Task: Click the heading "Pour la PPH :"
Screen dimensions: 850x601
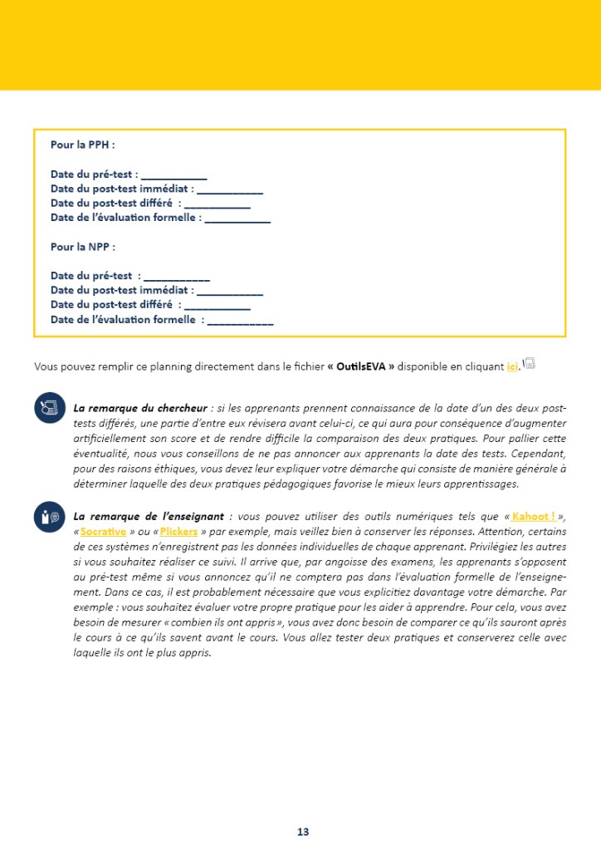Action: tap(82, 145)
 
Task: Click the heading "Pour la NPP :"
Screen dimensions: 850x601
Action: tap(82, 247)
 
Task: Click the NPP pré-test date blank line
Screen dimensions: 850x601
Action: tap(177, 276)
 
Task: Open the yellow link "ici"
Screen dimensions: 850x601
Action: tap(512, 366)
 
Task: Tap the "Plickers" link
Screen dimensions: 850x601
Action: tap(178, 531)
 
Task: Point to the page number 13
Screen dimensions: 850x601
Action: tap(303, 832)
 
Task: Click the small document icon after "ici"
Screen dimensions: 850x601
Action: tap(529, 364)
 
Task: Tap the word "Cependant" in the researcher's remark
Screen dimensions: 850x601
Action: tap(537, 454)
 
